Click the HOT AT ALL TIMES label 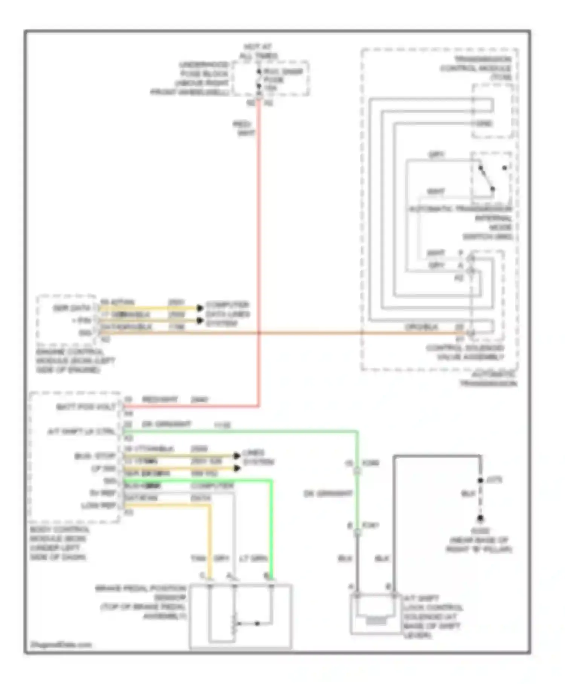258,52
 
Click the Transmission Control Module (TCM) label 477,68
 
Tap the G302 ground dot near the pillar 480,518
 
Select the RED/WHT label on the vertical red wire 243,129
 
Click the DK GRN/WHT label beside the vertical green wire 328,493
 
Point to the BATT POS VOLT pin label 86,407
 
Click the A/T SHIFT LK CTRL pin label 81,431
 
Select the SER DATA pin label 72,308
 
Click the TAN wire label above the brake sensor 198,558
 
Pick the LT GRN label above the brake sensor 253,558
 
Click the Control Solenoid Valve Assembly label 465,352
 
